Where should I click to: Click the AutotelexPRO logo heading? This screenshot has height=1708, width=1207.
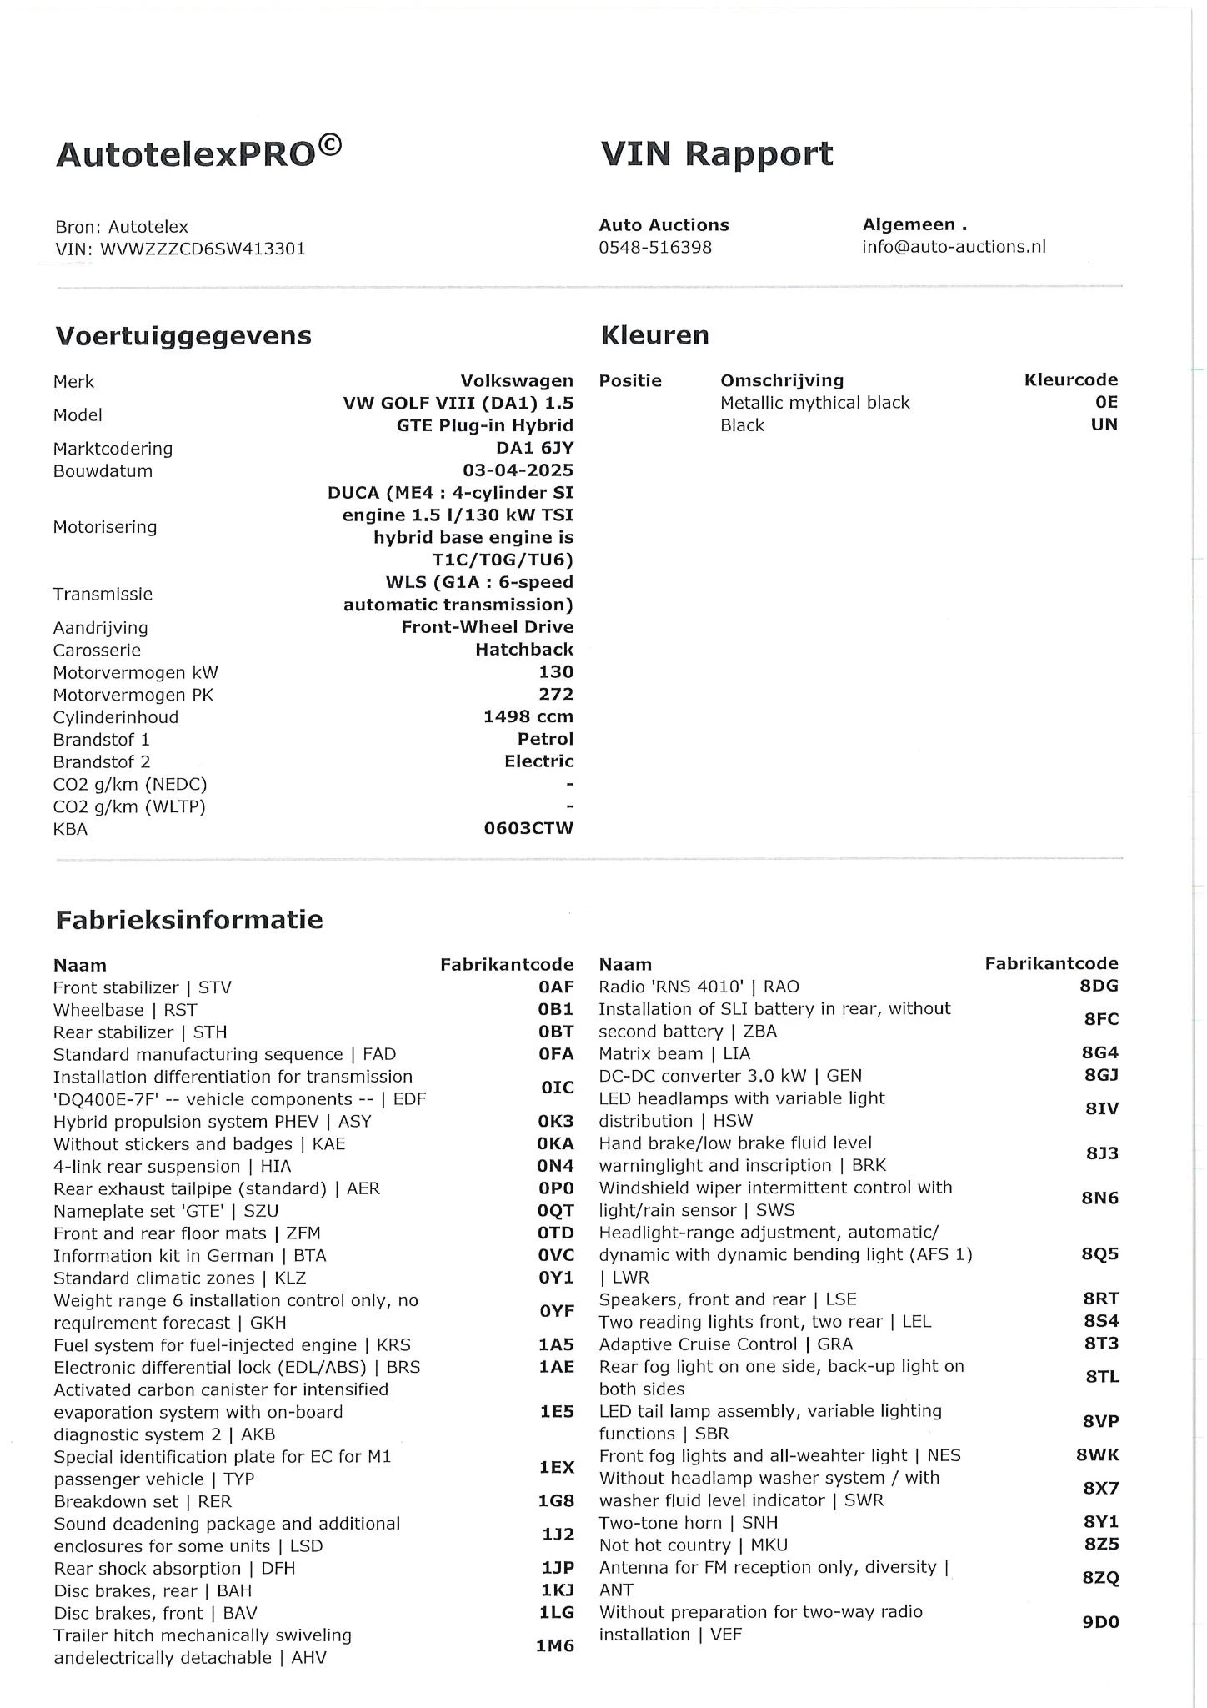click(x=198, y=153)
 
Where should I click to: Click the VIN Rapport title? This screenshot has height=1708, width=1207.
click(x=716, y=154)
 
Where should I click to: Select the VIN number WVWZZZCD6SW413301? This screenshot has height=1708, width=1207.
click(x=203, y=249)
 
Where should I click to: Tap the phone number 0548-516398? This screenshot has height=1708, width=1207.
click(x=655, y=248)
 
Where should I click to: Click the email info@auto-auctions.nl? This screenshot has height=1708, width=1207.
click(x=954, y=247)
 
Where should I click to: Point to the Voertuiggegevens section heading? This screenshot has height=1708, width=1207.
click(x=183, y=336)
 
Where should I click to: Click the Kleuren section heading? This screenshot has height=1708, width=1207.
click(x=654, y=335)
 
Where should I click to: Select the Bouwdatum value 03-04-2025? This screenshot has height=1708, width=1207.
click(x=518, y=470)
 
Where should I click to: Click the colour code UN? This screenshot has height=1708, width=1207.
click(x=1104, y=424)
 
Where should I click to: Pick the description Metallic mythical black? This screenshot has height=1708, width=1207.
click(x=814, y=403)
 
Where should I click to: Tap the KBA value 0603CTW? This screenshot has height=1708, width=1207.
click(x=528, y=829)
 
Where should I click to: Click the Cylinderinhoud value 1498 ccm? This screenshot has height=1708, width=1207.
click(x=528, y=716)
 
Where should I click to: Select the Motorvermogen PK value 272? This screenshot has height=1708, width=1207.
click(x=556, y=694)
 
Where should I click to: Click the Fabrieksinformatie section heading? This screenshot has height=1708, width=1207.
click(x=189, y=920)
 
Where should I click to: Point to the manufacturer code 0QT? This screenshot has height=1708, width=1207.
click(x=556, y=1211)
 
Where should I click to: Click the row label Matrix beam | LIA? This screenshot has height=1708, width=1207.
click(x=674, y=1053)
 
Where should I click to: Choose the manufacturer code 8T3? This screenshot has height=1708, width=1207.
click(x=1100, y=1344)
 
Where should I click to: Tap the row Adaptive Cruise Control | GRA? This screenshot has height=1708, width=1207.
click(x=725, y=1344)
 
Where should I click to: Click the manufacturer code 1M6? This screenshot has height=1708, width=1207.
click(x=554, y=1646)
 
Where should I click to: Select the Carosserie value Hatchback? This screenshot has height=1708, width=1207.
click(x=524, y=650)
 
